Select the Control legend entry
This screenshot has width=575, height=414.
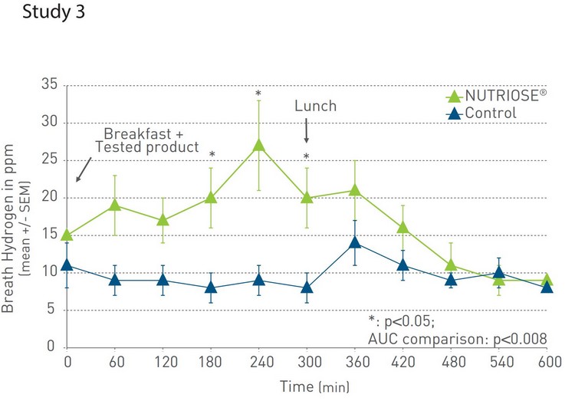click(491, 113)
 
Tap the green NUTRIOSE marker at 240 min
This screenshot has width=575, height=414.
click(259, 146)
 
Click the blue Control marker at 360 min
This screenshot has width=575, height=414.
click(354, 242)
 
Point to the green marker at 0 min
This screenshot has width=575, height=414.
click(67, 235)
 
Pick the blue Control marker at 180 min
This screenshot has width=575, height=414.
click(211, 287)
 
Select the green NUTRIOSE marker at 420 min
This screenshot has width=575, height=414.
click(402, 228)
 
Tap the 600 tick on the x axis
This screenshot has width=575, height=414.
click(547, 360)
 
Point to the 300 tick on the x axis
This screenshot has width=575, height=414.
click(307, 360)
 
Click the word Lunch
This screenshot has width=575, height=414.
click(315, 106)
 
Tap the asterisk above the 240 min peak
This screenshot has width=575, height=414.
click(259, 95)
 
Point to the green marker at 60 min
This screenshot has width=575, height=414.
click(115, 205)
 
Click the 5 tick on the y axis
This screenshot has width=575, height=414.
click(51, 310)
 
